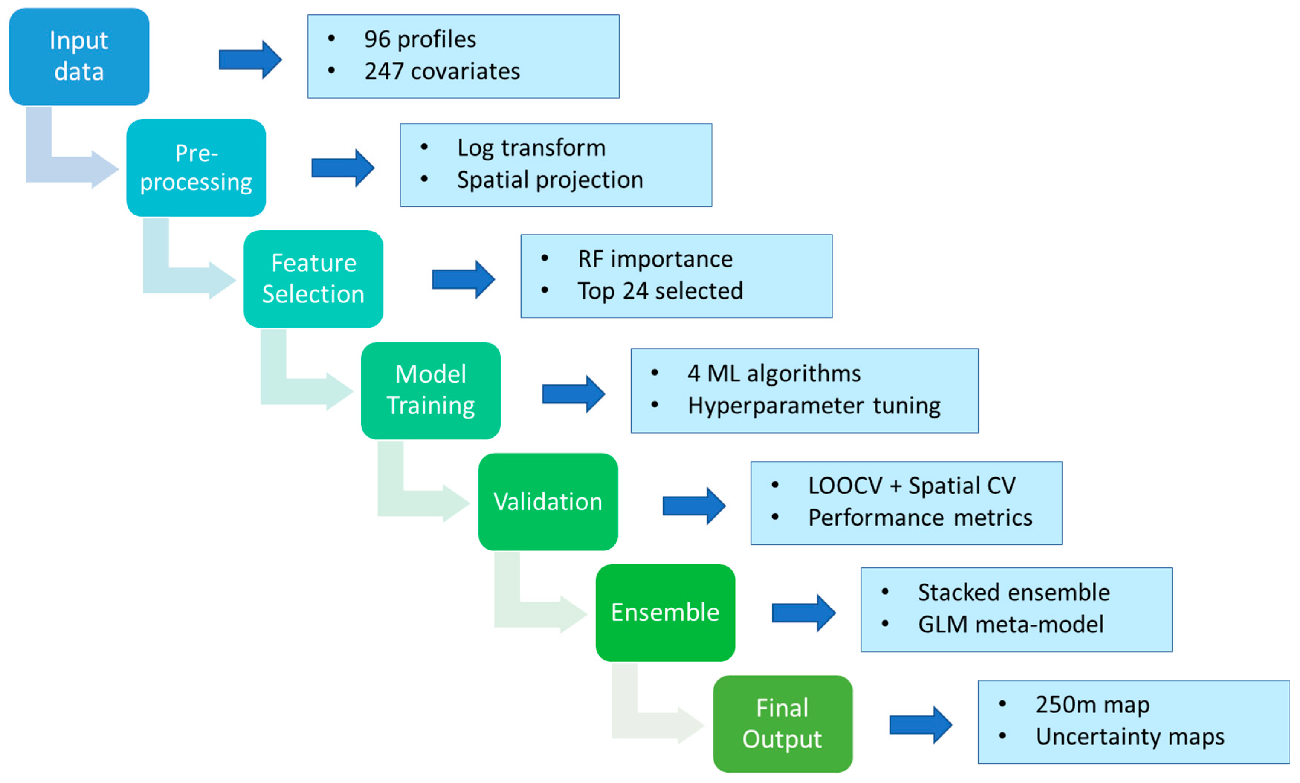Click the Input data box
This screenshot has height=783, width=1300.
coord(79,57)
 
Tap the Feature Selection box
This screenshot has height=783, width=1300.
coord(313,278)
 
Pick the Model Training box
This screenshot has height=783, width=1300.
coord(430,390)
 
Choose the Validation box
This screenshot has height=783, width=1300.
coord(548,501)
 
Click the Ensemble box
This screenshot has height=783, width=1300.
coord(665,613)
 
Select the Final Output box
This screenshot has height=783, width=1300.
coord(782,724)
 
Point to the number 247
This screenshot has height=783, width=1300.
coord(384,71)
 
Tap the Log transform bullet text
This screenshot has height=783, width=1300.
coord(531,148)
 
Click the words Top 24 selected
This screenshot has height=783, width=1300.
coord(660,291)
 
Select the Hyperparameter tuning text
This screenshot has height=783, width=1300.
coord(814,406)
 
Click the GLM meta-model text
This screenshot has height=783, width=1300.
coord(1010,625)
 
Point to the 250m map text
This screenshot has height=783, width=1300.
coord(1092,705)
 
